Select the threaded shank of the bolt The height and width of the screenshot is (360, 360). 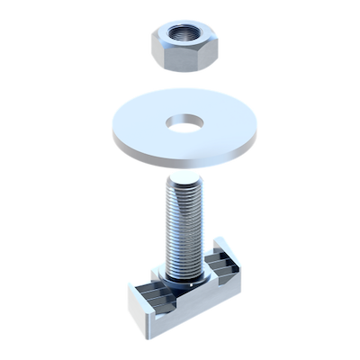[184, 225]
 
